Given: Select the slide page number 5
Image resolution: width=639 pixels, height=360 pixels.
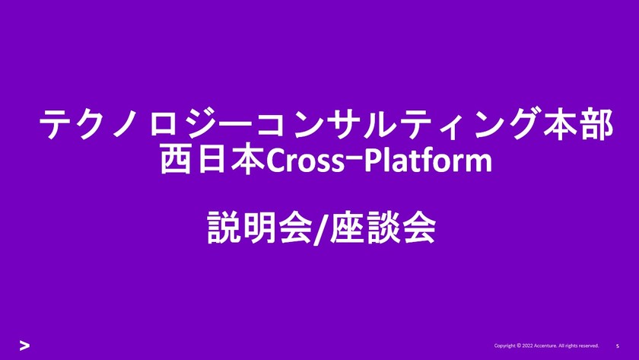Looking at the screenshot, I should [617, 346].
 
